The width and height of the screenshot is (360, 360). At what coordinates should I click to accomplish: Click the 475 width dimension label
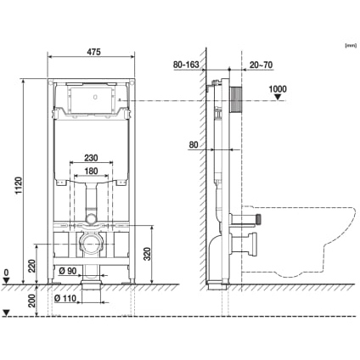click(93, 52)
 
